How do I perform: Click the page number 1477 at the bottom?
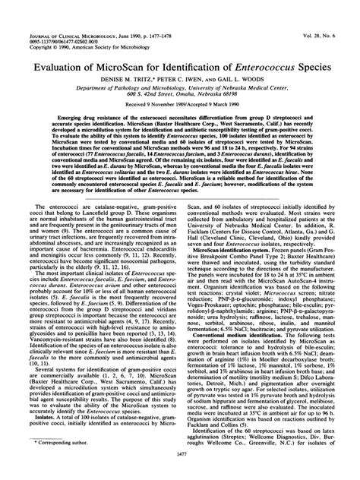point(179,471)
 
